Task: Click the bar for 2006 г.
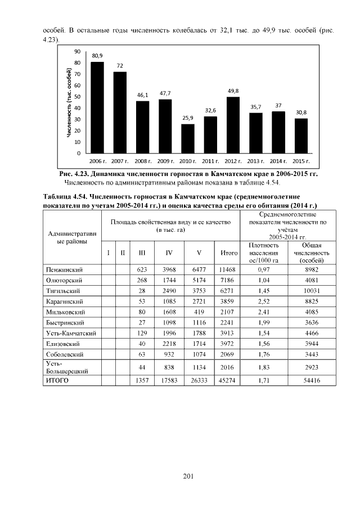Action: pos(97,107)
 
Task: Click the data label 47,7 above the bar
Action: pos(165,92)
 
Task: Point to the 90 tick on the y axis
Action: pos(77,51)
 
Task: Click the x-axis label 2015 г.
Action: pos(301,160)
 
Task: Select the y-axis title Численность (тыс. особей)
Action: pos(69,101)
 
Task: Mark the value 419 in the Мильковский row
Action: pos(199,310)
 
